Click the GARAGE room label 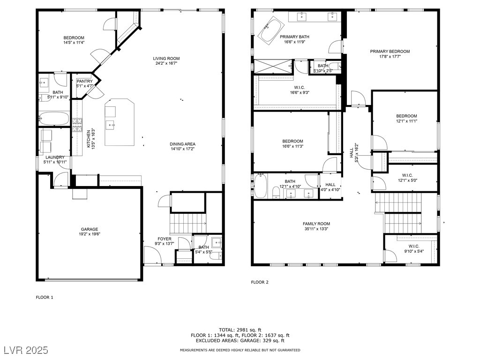(90, 229)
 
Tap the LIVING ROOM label (166, 59)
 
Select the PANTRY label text (84, 82)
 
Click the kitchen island (120, 122)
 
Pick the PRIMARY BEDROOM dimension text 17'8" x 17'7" (390, 56)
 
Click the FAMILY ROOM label (316, 224)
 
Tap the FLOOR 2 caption (260, 282)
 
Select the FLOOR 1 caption (45, 297)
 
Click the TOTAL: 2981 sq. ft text (240, 330)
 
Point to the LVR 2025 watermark (26, 350)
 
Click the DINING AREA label (182, 144)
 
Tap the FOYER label (165, 239)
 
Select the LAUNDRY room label (55, 157)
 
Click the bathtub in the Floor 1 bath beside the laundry (54, 118)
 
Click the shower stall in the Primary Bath (273, 67)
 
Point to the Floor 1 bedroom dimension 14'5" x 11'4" (74, 43)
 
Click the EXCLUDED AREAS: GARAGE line (240, 340)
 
